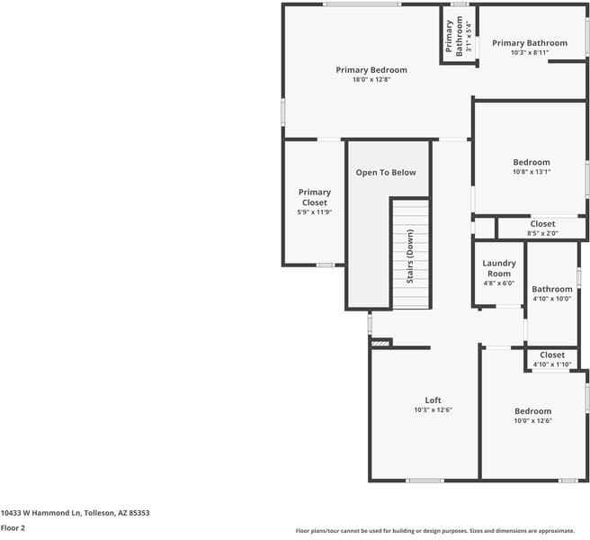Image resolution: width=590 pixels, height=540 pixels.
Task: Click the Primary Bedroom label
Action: click(x=371, y=70)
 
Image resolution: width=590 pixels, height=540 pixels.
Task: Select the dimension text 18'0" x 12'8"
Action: click(x=371, y=80)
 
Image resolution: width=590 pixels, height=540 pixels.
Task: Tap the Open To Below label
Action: click(x=386, y=173)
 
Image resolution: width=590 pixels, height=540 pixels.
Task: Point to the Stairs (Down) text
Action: click(x=410, y=257)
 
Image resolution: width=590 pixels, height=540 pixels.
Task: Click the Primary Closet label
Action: click(x=315, y=197)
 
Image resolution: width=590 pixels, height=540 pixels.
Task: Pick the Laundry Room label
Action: click(x=498, y=268)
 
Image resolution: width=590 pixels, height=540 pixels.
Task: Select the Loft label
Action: click(x=433, y=400)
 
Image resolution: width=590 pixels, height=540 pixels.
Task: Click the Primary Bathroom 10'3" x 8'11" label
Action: click(x=530, y=43)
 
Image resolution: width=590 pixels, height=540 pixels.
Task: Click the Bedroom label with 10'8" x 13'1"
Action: click(x=532, y=163)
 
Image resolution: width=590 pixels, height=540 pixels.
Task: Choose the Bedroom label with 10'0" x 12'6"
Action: click(x=532, y=411)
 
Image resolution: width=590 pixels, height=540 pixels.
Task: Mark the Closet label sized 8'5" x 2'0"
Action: click(x=542, y=224)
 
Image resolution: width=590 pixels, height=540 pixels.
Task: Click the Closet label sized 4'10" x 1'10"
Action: click(x=552, y=355)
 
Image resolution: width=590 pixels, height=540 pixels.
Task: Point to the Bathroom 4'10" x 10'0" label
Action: click(x=551, y=290)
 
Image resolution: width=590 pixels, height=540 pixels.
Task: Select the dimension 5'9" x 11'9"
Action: click(x=315, y=212)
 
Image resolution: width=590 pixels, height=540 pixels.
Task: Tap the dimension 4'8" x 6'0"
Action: click(x=498, y=283)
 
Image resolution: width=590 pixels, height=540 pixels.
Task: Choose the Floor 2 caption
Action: click(x=13, y=528)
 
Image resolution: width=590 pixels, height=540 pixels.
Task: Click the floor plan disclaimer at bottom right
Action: click(x=441, y=530)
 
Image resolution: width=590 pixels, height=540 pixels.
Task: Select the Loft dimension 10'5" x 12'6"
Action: click(x=433, y=409)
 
